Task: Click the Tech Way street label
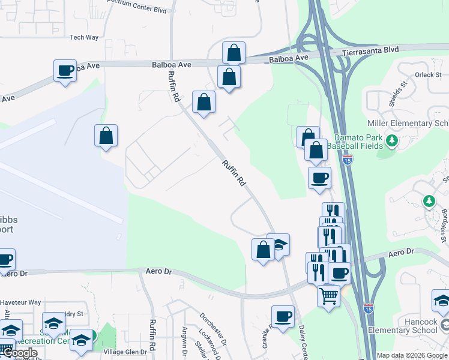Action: [83, 37]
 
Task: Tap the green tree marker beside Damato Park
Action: [392, 141]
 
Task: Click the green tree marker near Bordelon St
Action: [429, 200]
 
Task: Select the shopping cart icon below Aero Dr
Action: [328, 295]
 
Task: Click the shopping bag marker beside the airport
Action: [106, 136]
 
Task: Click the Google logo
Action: [20, 353]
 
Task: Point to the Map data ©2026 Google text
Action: [412, 355]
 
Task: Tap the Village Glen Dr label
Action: [125, 352]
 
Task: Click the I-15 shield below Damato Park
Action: [348, 160]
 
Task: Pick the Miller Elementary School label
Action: [408, 124]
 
